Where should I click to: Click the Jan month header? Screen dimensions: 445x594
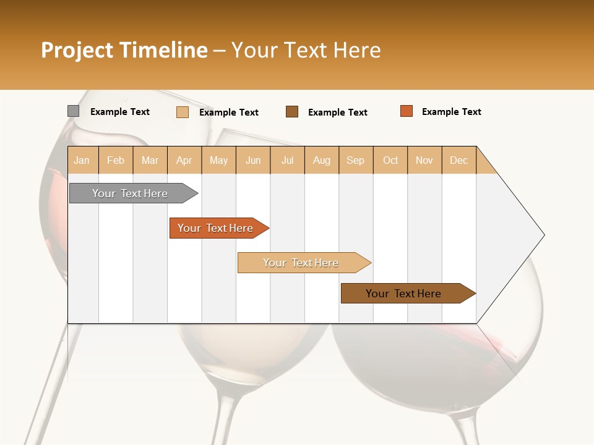coord(82,160)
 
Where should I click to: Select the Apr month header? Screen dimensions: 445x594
coord(184,160)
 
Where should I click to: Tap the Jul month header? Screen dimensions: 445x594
coord(287,160)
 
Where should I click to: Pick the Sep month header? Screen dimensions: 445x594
coord(355,160)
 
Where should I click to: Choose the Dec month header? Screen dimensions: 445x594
coord(458,160)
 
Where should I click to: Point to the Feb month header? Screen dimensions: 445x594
coord(116,160)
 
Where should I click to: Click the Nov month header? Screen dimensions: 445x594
coord(424,160)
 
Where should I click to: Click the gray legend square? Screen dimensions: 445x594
coord(73,111)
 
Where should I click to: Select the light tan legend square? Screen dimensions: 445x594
coord(182,112)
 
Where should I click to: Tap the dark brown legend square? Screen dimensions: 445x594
coord(292,112)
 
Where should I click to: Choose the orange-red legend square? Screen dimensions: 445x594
coord(406,111)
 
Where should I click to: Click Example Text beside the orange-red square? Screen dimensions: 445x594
coord(451,112)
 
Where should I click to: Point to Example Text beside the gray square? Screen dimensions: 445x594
coord(119,112)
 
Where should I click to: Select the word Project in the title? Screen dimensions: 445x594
coord(77,51)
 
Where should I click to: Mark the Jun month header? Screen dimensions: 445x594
coord(253,160)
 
